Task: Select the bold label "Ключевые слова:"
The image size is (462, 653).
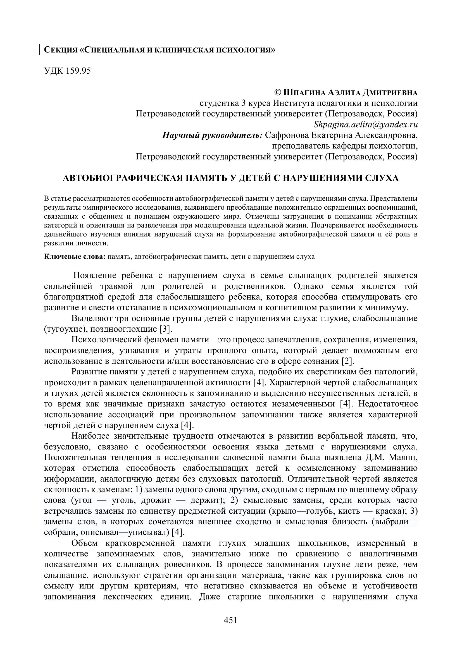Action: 75,257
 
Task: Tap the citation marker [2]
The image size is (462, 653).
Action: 348,361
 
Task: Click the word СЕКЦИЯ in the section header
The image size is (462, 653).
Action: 61,50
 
